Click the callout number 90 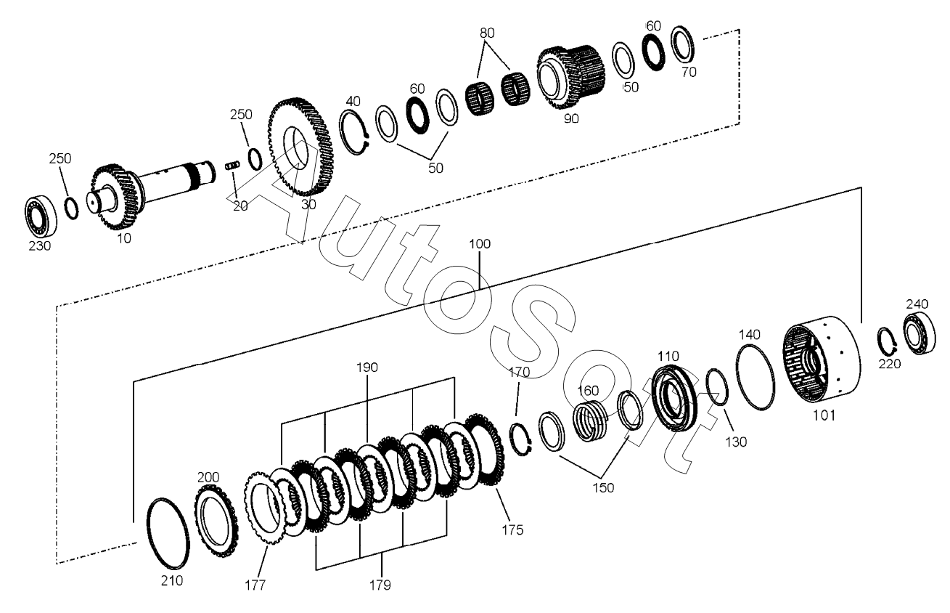571,119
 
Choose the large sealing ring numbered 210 168,534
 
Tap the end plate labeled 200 215,521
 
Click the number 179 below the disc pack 382,583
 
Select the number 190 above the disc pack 367,368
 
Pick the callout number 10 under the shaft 124,238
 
